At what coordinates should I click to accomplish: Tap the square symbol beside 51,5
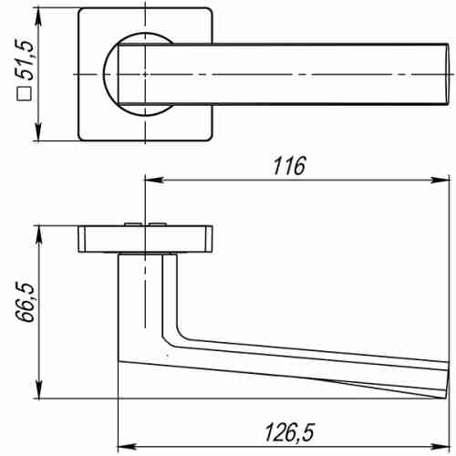(x=27, y=91)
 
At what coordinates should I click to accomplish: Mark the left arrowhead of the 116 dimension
(x=149, y=181)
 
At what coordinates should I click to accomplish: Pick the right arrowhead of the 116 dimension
(x=444, y=181)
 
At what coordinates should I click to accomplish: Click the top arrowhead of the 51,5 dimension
(x=38, y=15)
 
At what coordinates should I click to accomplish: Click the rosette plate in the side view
(x=146, y=239)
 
